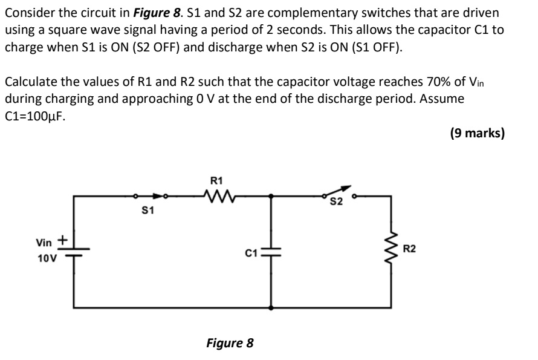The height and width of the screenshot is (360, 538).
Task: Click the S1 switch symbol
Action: point(151,196)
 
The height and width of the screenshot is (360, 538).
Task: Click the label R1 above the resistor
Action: point(216,180)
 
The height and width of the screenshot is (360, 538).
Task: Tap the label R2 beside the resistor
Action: point(409,248)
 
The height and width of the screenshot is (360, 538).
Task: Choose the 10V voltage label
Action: point(47,258)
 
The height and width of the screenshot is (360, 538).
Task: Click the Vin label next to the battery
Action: point(44,243)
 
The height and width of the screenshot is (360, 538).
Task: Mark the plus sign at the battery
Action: point(62,240)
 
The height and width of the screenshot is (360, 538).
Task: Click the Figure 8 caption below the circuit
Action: point(230,344)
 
